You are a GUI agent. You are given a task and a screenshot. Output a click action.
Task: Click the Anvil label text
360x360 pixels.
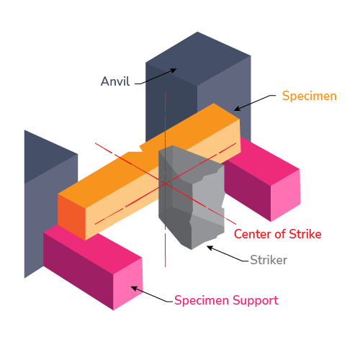coord(115,81)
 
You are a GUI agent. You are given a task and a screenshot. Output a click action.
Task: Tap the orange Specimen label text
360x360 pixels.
coord(310,96)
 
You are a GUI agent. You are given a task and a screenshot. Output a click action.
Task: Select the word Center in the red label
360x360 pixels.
coord(253,234)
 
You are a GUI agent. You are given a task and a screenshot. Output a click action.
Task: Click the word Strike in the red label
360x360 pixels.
coord(305,234)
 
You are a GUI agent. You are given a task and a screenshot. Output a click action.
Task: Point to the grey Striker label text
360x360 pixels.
coord(269,260)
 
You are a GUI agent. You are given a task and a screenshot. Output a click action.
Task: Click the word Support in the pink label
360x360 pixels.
coord(256,300)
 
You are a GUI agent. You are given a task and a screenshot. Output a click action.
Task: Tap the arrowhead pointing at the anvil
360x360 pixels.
coord(174,71)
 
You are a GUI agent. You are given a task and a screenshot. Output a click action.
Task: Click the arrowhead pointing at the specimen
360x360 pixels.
coord(237,109)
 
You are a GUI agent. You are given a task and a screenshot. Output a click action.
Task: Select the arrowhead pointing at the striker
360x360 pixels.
coord(210,248)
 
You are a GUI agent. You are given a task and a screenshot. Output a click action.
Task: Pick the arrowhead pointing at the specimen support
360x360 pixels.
coord(134,288)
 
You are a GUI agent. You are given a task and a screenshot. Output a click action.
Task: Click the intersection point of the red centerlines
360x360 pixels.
coord(166,184)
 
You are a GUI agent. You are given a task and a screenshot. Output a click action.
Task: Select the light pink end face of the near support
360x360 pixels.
coord(128,284)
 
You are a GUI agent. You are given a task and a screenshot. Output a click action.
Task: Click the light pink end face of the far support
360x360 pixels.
coord(286,195)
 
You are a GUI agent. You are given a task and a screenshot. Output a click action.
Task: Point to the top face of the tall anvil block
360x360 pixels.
coord(198,58)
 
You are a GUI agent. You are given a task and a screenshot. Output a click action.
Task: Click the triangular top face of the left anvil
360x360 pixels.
coord(45,155)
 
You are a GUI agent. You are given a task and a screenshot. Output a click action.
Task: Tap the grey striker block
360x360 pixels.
coord(191,197)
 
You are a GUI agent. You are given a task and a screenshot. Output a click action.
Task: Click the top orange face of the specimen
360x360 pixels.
coord(149,153)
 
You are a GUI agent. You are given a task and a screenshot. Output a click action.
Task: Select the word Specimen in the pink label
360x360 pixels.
coord(202,300)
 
